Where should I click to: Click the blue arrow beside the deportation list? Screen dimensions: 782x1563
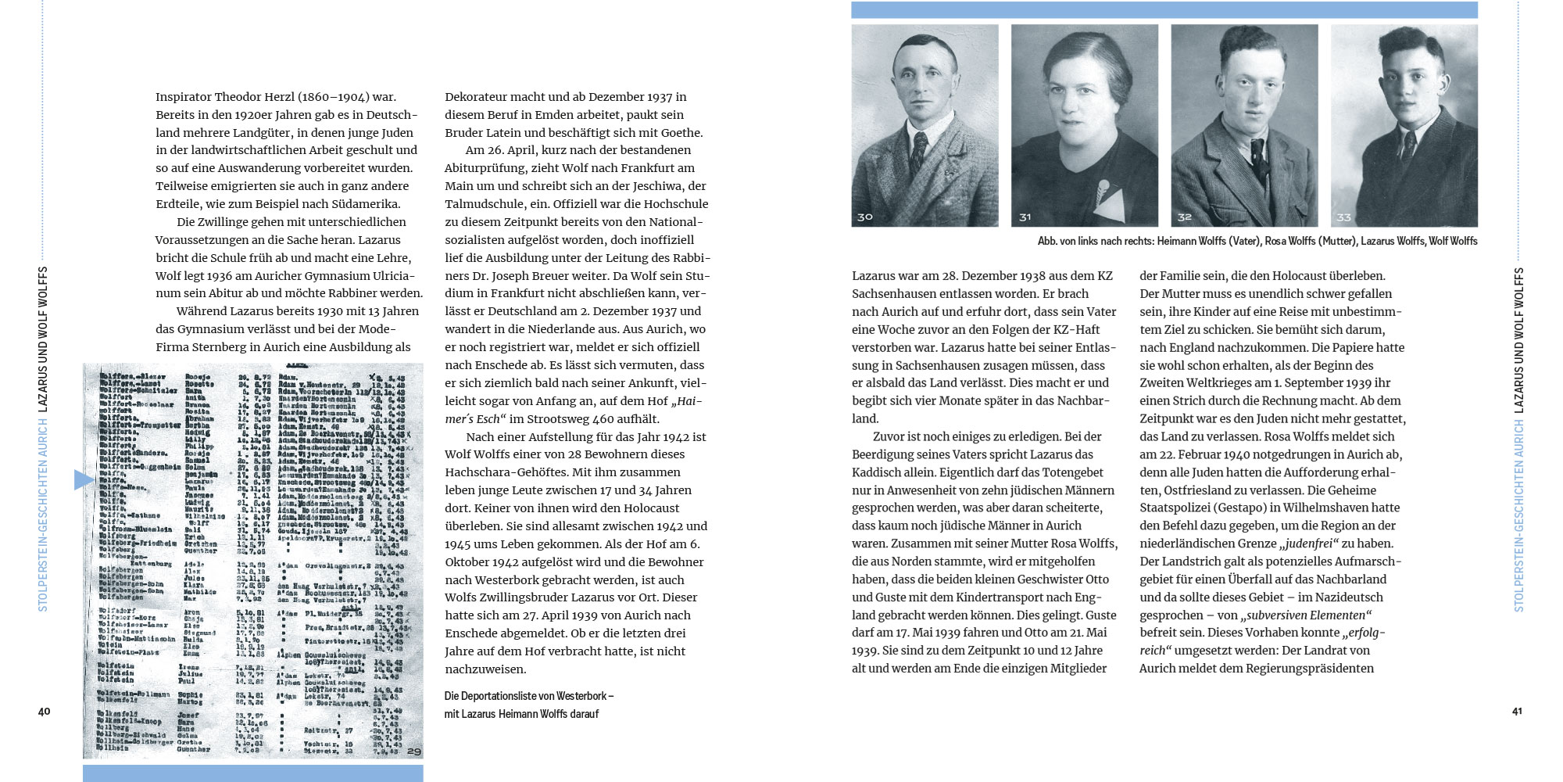[84, 479]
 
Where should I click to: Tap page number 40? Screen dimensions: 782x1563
[44, 711]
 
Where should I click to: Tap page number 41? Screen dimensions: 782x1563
[1517, 711]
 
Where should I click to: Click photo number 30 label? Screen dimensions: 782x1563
[864, 217]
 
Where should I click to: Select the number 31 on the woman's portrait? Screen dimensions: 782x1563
[1025, 217]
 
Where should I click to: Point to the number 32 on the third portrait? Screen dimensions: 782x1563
[1185, 217]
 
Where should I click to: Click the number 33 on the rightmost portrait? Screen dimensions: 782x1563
[1344, 217]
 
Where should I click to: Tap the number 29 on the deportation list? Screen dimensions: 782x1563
[413, 752]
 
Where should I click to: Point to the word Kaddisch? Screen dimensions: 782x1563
[877, 472]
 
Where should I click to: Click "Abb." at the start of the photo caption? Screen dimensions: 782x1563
[1047, 241]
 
